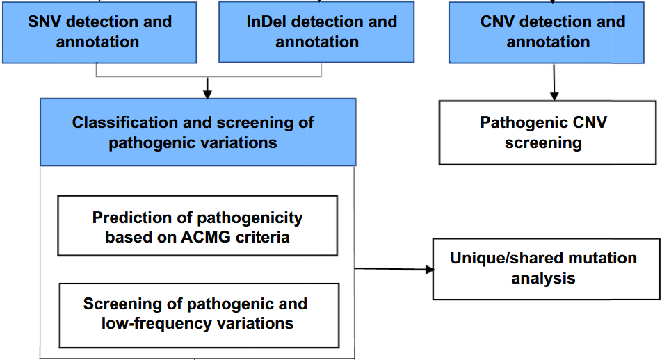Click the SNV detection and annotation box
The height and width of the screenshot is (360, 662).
pyautogui.click(x=99, y=31)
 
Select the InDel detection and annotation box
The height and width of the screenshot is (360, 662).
pyautogui.click(x=321, y=31)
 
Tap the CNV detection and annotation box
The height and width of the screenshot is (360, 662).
pyautogui.click(x=553, y=31)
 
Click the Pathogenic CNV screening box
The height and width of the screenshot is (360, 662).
pyautogui.click(x=547, y=133)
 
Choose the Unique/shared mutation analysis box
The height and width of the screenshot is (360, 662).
pyautogui.click(x=546, y=268)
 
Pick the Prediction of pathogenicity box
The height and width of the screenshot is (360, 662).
pyautogui.click(x=197, y=226)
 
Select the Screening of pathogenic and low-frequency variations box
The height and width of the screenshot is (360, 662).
pyautogui.click(x=200, y=313)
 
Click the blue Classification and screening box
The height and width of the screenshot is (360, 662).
pyautogui.click(x=197, y=132)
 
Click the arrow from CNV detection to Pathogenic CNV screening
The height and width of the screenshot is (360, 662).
pyautogui.click(x=554, y=82)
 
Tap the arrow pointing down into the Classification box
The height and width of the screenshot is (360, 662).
pyautogui.click(x=207, y=88)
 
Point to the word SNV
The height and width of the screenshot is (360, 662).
pyautogui.click(x=44, y=22)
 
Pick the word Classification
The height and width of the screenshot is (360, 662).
pyautogui.click(x=124, y=123)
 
